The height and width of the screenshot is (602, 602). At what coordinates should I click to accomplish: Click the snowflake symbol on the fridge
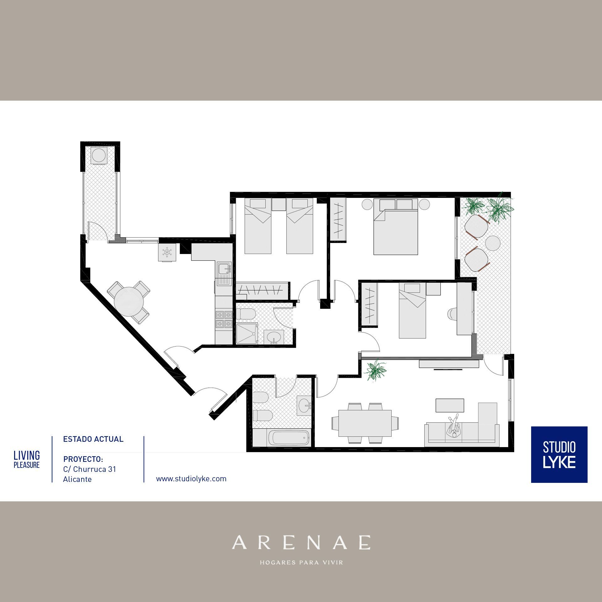click(167, 252)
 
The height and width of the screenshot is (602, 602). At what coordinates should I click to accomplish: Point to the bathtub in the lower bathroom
click(289, 437)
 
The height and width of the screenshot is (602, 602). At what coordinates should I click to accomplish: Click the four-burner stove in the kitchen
click(224, 319)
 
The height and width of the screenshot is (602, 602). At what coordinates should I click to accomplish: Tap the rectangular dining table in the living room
click(365, 423)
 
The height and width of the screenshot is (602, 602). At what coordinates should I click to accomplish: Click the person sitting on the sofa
click(453, 427)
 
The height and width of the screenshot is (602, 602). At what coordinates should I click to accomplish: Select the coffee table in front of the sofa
click(450, 405)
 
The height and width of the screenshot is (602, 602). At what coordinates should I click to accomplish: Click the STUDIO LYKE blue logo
click(559, 455)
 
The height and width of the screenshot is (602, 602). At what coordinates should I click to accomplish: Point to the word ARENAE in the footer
click(301, 542)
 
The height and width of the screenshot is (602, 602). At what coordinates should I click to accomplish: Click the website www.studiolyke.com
click(191, 479)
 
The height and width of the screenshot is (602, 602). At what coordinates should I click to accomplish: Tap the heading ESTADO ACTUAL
click(93, 439)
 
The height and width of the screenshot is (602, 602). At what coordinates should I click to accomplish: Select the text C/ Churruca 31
click(90, 469)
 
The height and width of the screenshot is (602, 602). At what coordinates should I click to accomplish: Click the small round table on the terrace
click(493, 243)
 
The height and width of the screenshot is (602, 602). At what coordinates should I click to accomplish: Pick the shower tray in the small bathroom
click(247, 334)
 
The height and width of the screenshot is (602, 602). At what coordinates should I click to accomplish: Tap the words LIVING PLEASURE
click(27, 459)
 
